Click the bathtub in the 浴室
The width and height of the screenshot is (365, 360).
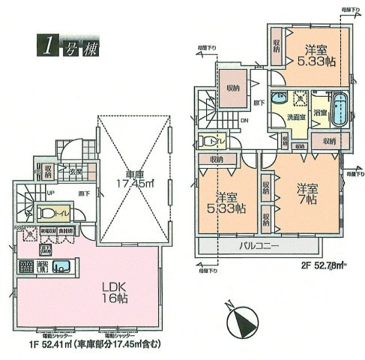pos(339,111)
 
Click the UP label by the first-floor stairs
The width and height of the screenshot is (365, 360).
pos(29,192)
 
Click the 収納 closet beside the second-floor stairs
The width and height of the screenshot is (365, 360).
pos(233,88)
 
